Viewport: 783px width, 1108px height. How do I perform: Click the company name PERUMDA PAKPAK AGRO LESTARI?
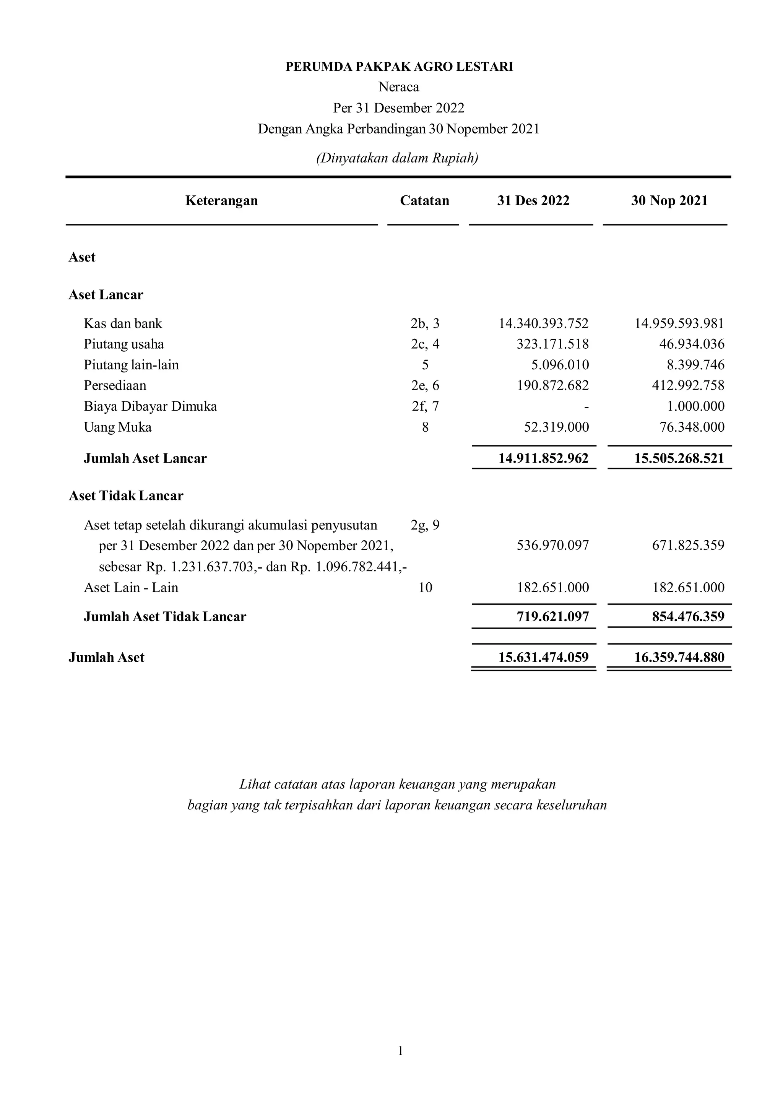coord(399,67)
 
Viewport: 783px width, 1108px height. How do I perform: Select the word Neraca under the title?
coord(398,87)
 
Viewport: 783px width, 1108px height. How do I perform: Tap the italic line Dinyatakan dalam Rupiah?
coord(397,158)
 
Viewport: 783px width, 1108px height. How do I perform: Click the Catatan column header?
coord(424,201)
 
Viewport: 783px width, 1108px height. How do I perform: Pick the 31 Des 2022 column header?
coord(533,201)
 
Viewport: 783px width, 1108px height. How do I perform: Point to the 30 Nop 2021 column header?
coord(669,201)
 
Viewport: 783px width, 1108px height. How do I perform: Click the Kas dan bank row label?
coord(123,323)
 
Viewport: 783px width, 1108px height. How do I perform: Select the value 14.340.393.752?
coord(543,323)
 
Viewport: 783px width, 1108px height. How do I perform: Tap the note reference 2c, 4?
coord(425,344)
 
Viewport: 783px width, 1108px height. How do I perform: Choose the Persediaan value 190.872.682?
coord(552,385)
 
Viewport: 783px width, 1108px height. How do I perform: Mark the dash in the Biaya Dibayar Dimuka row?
coord(586,407)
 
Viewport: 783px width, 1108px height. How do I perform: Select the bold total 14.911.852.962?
coord(543,458)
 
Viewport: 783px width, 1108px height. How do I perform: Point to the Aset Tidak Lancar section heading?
coord(126,496)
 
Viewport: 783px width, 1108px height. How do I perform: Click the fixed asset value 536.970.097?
coord(552,546)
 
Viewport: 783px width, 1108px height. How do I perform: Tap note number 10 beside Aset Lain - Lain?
coord(425,588)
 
